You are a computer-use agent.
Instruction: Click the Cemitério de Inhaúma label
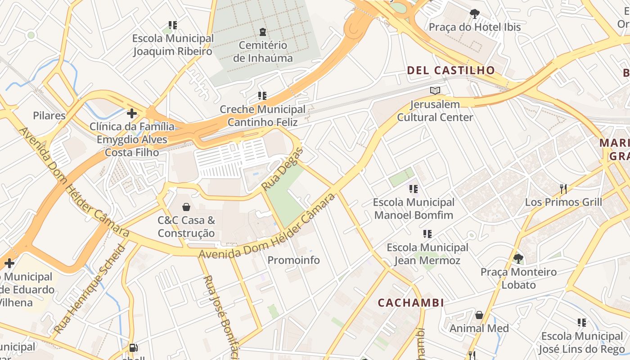[x=263, y=52]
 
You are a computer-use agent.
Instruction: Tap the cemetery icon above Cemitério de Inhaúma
[x=263, y=31]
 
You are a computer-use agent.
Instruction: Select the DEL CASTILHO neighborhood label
[x=451, y=70]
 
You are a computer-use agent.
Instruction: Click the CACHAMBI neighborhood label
[x=411, y=303]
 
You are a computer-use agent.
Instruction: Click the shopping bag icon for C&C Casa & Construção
[x=186, y=207]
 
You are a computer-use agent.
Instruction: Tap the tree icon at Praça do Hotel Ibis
[x=474, y=13]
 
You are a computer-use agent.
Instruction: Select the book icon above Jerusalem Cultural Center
[x=435, y=91]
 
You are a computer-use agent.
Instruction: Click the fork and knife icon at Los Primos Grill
[x=563, y=188]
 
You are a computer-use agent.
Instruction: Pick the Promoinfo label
[x=293, y=260]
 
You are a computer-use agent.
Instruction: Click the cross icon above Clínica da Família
[x=131, y=113]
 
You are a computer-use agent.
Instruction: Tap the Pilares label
[x=49, y=116]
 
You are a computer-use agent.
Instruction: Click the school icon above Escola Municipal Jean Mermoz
[x=427, y=234]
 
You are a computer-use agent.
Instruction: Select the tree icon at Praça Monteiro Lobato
[x=518, y=258]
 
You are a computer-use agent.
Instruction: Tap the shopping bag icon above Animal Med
[x=479, y=315]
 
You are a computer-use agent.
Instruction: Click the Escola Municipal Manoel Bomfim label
[x=414, y=208]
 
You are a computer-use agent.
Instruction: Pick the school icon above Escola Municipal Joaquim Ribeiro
[x=173, y=25]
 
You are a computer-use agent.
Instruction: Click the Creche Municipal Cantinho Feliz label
[x=262, y=116]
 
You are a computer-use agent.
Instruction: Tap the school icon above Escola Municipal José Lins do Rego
[x=582, y=322]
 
